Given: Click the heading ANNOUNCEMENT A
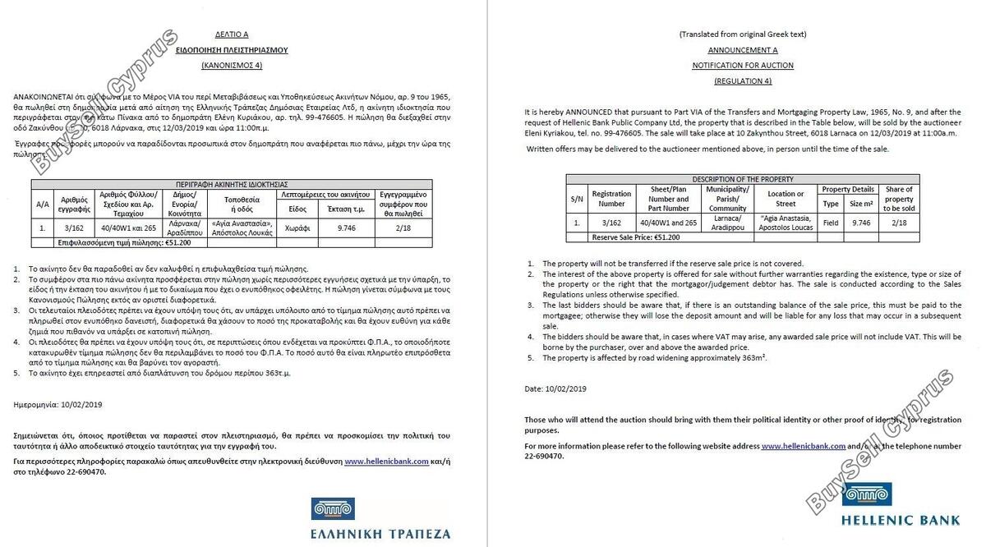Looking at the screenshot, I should click(x=743, y=49).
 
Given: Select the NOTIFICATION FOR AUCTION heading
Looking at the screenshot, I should click(x=743, y=64).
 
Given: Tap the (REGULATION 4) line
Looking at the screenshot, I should click(x=743, y=80).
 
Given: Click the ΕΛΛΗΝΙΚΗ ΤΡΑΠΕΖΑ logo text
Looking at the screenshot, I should click(x=380, y=533).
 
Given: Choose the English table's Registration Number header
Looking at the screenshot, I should click(x=611, y=199).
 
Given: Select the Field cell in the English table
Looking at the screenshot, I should click(x=831, y=222).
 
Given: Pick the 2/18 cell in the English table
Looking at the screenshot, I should click(x=898, y=222).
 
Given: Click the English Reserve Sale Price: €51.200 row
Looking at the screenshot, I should click(x=636, y=237).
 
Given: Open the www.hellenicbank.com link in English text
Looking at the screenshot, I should click(x=803, y=446).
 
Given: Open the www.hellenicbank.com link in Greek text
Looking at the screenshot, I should click(x=386, y=462).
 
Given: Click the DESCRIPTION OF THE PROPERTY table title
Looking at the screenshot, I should click(x=743, y=179).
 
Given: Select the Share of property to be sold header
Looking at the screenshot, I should click(x=898, y=199).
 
